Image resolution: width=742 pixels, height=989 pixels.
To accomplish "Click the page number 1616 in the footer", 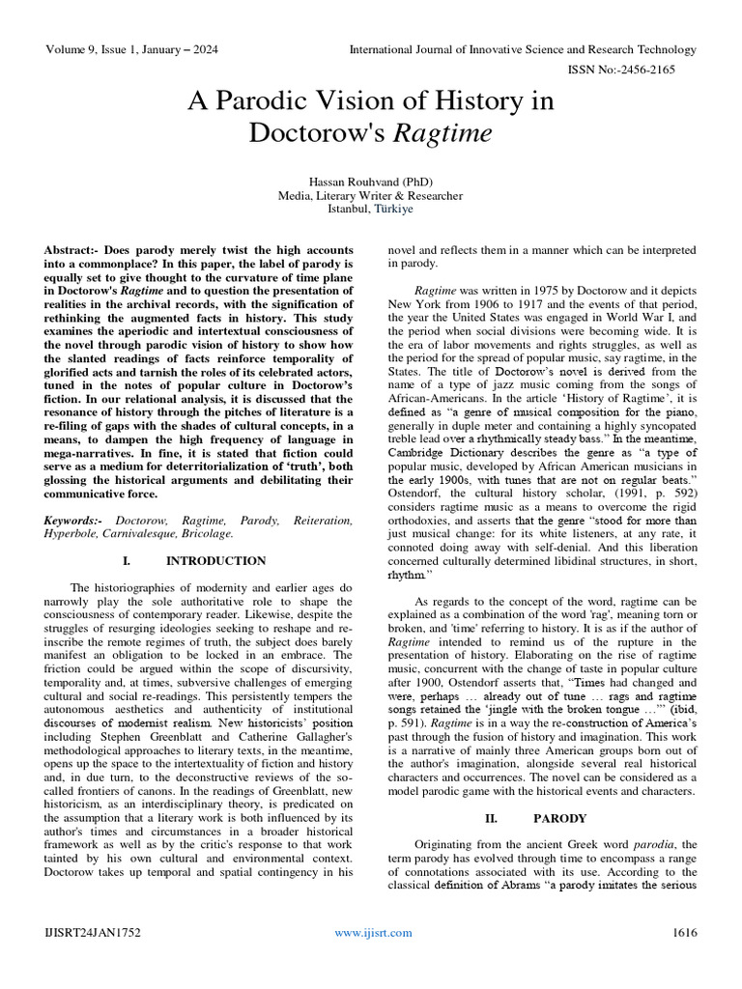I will pyautogui.click(x=684, y=932).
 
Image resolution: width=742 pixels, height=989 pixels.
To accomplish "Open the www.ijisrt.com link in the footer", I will pyautogui.click(x=373, y=932).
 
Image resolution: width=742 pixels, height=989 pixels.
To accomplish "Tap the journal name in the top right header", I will pyautogui.click(x=522, y=49).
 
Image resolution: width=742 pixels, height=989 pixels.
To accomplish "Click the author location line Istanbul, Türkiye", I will pyautogui.click(x=371, y=209).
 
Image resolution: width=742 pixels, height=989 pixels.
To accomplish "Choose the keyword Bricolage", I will pyautogui.click(x=206, y=534).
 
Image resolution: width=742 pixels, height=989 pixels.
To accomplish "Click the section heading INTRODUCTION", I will pyautogui.click(x=215, y=561).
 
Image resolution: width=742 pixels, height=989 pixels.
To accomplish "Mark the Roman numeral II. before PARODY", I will pyautogui.click(x=491, y=818).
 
